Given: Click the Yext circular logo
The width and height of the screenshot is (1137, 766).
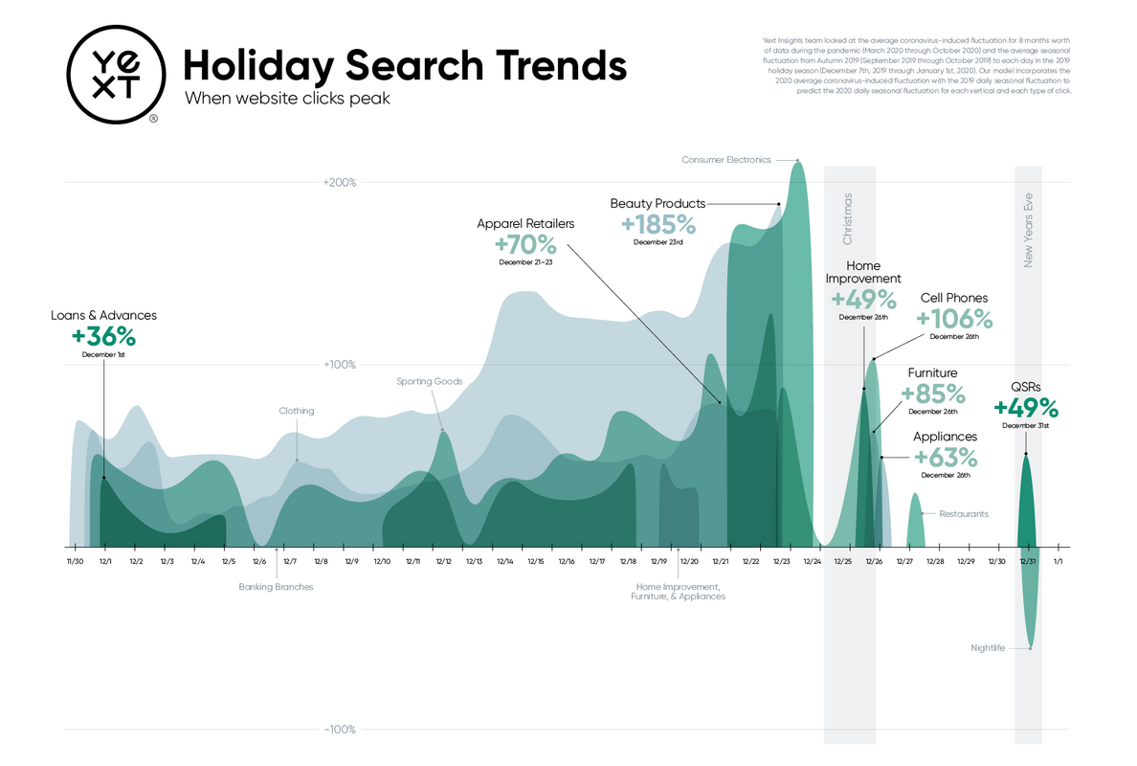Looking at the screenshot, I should (113, 76).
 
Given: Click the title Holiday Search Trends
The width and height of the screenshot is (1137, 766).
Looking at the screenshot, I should (405, 66).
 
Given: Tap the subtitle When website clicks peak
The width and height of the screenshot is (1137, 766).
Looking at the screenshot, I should (287, 99).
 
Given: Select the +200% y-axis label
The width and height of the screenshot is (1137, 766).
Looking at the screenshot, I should (339, 182).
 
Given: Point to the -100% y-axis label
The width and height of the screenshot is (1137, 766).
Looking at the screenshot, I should (340, 730).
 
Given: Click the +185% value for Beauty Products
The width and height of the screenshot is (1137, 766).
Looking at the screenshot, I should (658, 225).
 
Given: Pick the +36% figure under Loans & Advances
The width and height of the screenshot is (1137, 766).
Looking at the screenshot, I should (103, 337).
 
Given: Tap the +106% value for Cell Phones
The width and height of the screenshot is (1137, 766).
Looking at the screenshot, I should (954, 319).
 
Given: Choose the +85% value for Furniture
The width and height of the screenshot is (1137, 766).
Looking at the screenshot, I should (932, 394).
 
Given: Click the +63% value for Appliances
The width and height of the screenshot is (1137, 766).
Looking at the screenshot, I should (946, 457).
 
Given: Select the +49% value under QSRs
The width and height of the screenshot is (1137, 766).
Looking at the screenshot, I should (1026, 408).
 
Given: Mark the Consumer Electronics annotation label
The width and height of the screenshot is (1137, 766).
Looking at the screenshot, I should (725, 160).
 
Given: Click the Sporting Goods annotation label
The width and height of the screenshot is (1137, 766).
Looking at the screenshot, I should (430, 381).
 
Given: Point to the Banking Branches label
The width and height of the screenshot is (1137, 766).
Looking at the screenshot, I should (276, 587).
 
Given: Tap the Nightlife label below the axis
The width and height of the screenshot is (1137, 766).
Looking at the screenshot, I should (987, 648).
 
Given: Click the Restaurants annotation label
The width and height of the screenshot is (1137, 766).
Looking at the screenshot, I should (964, 514).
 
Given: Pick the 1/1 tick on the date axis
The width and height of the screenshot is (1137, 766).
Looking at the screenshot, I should (1058, 561).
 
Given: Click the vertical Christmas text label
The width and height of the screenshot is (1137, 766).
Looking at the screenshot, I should (847, 217).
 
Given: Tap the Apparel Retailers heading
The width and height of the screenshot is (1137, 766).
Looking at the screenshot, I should (525, 223).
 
